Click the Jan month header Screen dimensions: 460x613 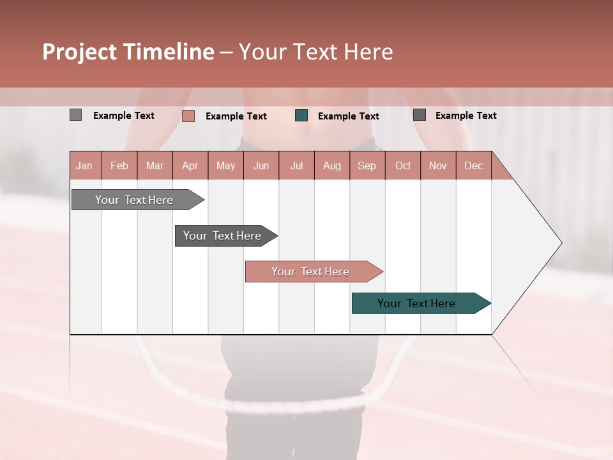click(85, 165)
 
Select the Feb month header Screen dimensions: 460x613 click(119, 165)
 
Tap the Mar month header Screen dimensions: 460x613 click(155, 165)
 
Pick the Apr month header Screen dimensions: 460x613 click(190, 165)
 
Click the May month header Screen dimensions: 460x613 click(225, 165)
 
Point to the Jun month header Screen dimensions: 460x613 click(261, 165)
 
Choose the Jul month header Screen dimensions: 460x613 click(296, 165)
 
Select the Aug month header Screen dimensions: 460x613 click(332, 165)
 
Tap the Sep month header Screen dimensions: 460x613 click(367, 165)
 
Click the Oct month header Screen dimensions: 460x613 click(403, 165)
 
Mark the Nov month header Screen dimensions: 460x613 click(438, 165)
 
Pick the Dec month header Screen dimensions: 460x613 click(473, 165)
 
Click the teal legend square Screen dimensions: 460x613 click(301, 116)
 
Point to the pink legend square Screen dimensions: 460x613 click(188, 116)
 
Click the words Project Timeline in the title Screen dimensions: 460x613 click(128, 52)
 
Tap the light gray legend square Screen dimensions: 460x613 click(76, 115)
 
